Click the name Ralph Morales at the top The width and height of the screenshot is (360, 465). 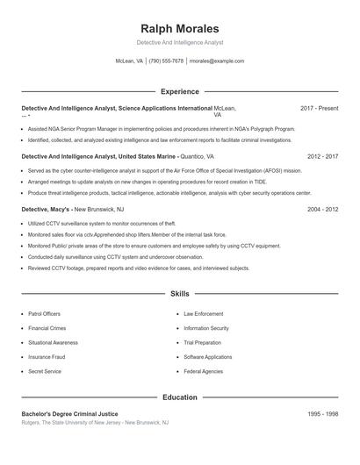point(180,29)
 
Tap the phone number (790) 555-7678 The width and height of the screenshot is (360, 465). point(166,61)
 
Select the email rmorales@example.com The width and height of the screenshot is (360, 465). point(217,61)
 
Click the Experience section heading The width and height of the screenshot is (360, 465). point(180,91)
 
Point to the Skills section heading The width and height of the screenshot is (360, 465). point(180,294)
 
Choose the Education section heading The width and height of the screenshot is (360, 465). point(180,397)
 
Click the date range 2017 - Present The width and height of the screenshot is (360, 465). point(319,108)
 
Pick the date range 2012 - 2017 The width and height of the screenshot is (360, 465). point(323,156)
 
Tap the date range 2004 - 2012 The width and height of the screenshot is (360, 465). point(323,211)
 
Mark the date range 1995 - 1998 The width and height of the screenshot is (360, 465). point(323,413)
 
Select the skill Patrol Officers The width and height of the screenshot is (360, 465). point(45,313)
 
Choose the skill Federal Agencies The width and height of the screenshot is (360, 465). point(203,371)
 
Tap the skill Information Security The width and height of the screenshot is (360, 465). point(206,328)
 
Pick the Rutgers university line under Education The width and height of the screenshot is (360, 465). point(95,423)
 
